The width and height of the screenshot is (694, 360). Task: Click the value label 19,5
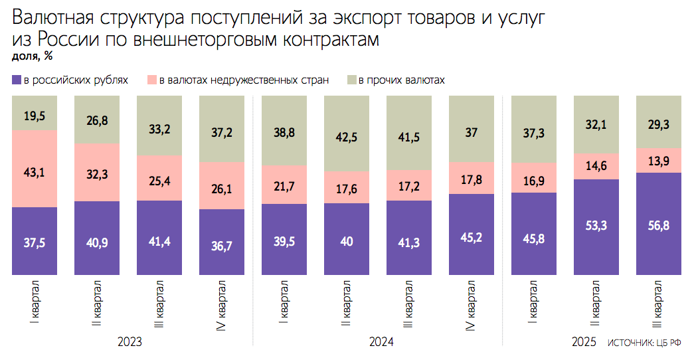point(35,116)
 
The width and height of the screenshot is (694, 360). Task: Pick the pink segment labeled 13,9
point(658,160)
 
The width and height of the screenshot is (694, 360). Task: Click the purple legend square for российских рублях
point(17,80)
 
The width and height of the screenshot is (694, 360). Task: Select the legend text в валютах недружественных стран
point(244,80)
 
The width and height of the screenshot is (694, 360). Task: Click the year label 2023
point(130,342)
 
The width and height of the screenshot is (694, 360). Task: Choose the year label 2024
point(381,342)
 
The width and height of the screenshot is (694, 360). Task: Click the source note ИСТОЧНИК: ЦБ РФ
point(644,343)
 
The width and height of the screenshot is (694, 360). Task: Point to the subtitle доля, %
point(33,56)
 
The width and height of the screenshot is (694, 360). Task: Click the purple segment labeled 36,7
point(221,242)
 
